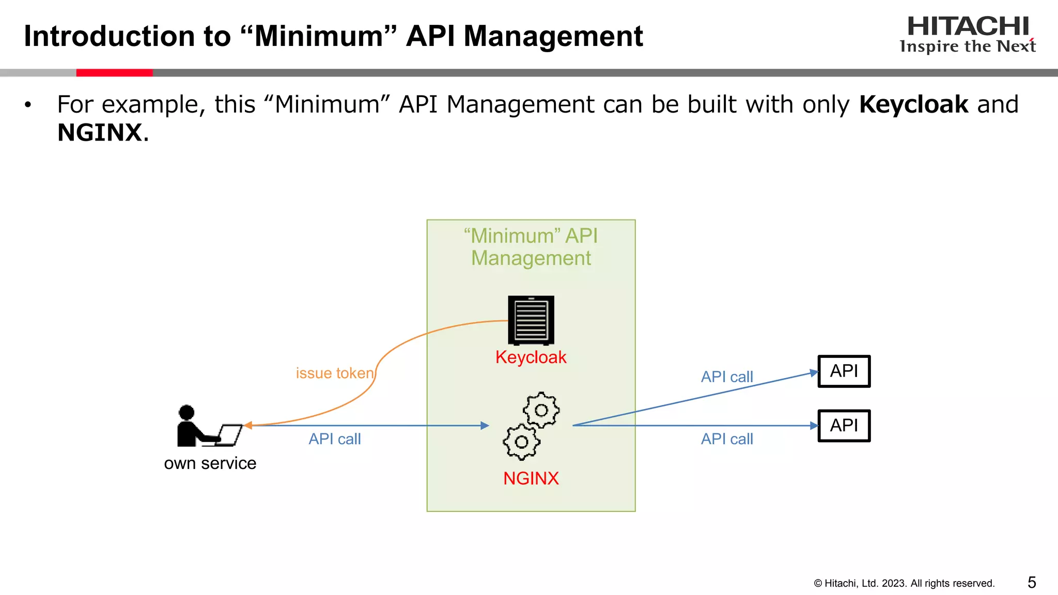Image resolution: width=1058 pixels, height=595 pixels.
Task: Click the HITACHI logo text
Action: pos(968,26)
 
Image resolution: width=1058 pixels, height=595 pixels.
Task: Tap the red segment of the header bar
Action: pos(114,73)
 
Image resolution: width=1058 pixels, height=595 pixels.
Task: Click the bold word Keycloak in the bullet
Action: pos(913,104)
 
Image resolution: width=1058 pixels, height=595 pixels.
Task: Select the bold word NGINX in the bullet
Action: pos(100,133)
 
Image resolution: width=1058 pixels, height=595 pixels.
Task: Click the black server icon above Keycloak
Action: pos(531,320)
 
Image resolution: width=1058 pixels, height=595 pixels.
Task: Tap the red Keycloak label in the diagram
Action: pos(531,357)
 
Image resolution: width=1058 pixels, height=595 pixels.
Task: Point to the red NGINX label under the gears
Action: pos(531,478)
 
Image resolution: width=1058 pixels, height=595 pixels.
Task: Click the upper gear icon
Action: pos(541,410)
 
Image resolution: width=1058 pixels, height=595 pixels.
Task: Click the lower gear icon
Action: pos(521,442)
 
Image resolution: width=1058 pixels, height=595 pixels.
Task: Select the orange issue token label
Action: pos(335,373)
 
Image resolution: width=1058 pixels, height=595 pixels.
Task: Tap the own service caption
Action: pos(210,463)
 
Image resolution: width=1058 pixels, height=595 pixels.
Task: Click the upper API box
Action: pos(844,371)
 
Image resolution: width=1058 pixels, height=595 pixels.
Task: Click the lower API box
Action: pos(844,426)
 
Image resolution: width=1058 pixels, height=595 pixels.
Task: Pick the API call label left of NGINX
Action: pos(335,439)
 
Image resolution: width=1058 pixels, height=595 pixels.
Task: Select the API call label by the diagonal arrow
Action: pos(727,377)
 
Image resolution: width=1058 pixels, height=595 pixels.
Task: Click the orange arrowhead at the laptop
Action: pos(248,425)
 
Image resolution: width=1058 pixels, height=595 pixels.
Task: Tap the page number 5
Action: pos(1032,583)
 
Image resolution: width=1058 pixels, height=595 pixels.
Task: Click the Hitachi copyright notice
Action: pos(904,583)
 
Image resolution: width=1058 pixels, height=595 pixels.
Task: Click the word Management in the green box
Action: pos(531,258)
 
